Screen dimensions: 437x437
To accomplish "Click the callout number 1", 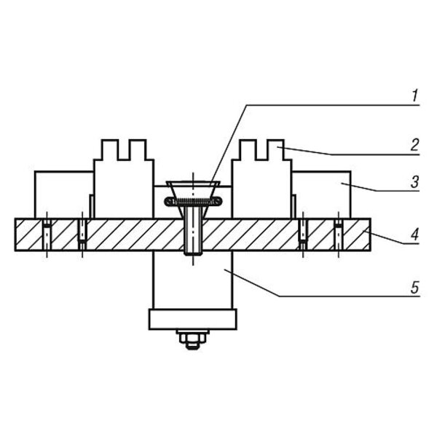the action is coord(415,95).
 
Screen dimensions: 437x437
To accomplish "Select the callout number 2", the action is coord(415,145).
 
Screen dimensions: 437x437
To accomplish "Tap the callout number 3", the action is coord(415,182).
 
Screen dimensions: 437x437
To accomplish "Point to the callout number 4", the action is coord(415,234).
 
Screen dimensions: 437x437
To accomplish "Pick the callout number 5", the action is coord(415,287).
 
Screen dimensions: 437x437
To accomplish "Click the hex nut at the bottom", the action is coord(193,338).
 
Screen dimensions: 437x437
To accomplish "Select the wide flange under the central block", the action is coord(193,319).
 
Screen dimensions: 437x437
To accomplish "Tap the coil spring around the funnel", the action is coord(193,201).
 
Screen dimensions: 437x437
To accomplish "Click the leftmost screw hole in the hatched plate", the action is coord(47,235).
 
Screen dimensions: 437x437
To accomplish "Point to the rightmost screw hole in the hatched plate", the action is coord(339,235).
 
